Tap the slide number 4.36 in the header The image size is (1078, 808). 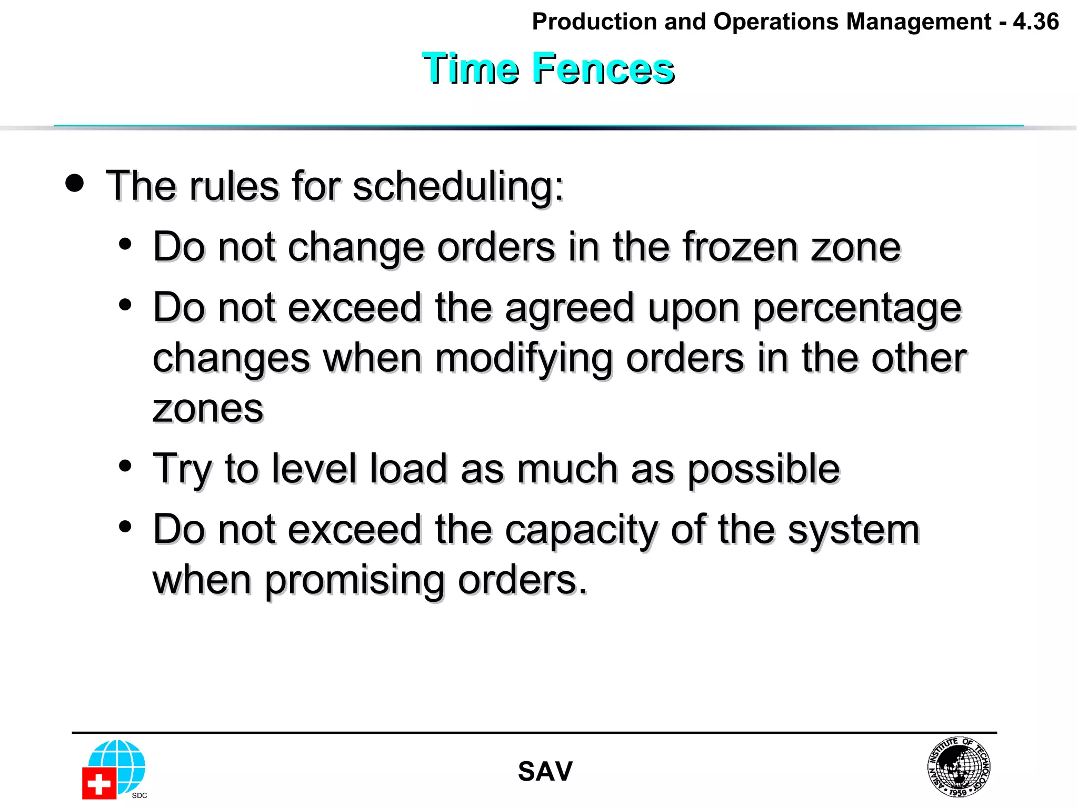tap(1035, 22)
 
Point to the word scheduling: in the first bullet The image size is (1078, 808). tap(458, 186)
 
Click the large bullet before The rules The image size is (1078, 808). tap(75, 183)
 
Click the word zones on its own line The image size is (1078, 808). tap(208, 409)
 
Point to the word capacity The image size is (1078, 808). tap(581, 530)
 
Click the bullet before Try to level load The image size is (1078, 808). tap(125, 466)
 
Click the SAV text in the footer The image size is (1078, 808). tap(545, 772)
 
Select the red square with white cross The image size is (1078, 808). tap(99, 783)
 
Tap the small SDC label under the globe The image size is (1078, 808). tap(139, 795)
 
